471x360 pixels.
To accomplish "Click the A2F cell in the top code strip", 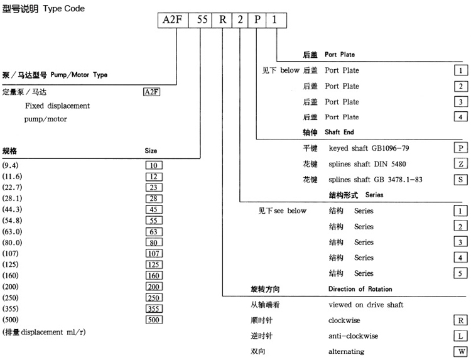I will tap(173, 19).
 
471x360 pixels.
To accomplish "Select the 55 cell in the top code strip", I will tap(202, 19).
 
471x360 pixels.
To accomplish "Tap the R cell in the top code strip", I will tap(224, 19).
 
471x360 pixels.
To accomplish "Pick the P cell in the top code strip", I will tap(258, 19).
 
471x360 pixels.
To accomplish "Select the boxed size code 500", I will tap(153, 319).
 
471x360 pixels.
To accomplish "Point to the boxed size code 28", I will tap(153, 199).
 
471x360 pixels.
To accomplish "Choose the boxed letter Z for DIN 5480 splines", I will tap(461, 163).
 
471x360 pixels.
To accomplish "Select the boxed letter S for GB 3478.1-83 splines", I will tap(461, 179).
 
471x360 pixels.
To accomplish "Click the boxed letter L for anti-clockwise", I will tap(461, 335).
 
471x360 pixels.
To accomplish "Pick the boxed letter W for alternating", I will tap(461, 351).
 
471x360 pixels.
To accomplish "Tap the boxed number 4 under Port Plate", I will tap(461, 117).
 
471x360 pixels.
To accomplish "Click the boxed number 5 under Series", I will tap(461, 273).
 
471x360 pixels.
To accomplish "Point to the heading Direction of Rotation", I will tap(360, 289).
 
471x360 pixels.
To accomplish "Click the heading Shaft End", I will tap(340, 133).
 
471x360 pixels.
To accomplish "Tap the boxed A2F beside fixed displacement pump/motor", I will tap(152, 92).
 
